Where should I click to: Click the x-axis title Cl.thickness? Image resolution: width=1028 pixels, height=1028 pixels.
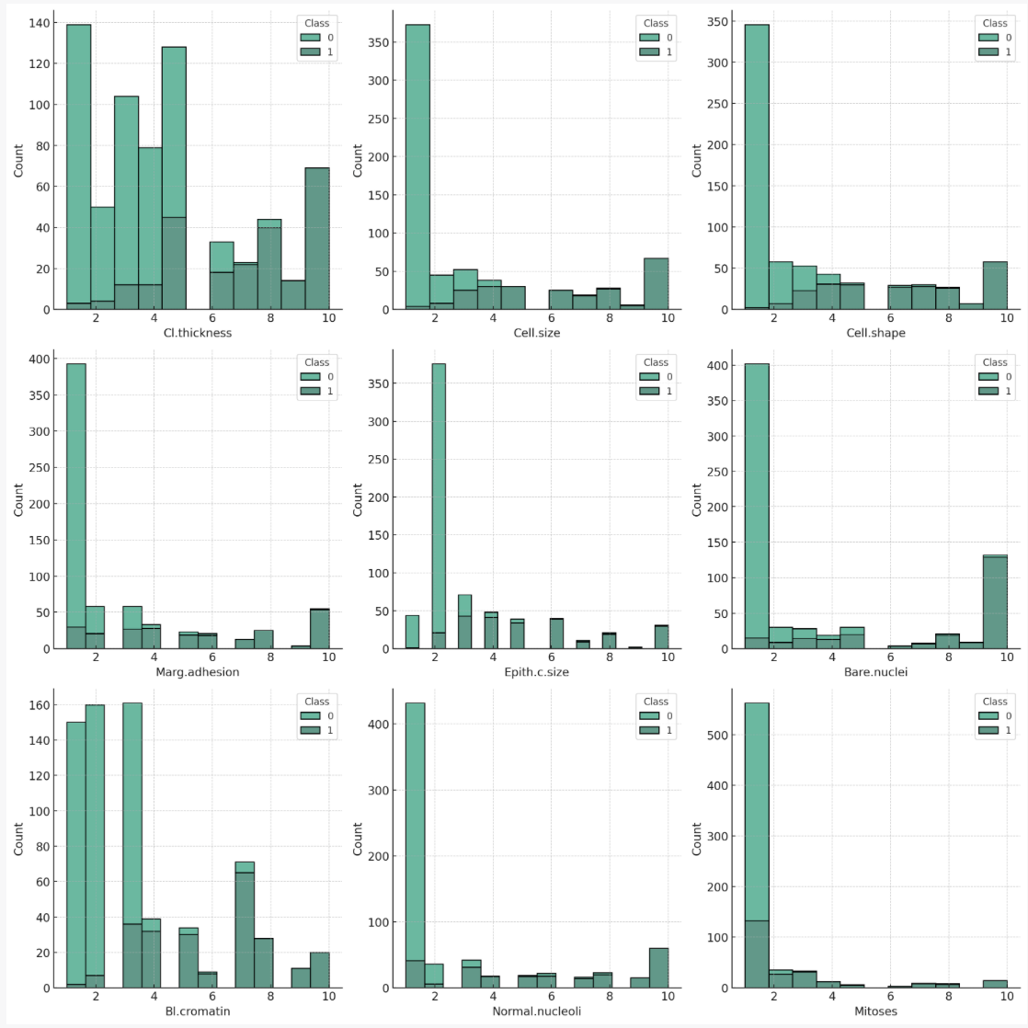point(198,333)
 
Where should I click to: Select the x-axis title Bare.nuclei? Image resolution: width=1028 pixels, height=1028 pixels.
point(875,672)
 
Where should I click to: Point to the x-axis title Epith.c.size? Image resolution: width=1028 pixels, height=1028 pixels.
point(536,672)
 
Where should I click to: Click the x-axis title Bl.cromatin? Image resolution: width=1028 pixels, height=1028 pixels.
point(198,1011)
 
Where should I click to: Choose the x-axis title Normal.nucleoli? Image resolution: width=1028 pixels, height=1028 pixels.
point(536,1011)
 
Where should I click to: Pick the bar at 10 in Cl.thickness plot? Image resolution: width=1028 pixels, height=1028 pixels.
point(317,238)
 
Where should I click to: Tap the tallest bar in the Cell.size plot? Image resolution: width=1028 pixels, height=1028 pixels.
point(417,166)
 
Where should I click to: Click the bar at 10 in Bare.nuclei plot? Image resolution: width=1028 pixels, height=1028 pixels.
point(996,601)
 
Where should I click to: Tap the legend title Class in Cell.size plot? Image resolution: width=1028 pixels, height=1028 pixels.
point(656,23)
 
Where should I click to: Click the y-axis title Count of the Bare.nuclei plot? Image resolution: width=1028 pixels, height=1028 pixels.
point(696,499)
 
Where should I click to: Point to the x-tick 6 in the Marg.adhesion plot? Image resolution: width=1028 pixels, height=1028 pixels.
point(212,657)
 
